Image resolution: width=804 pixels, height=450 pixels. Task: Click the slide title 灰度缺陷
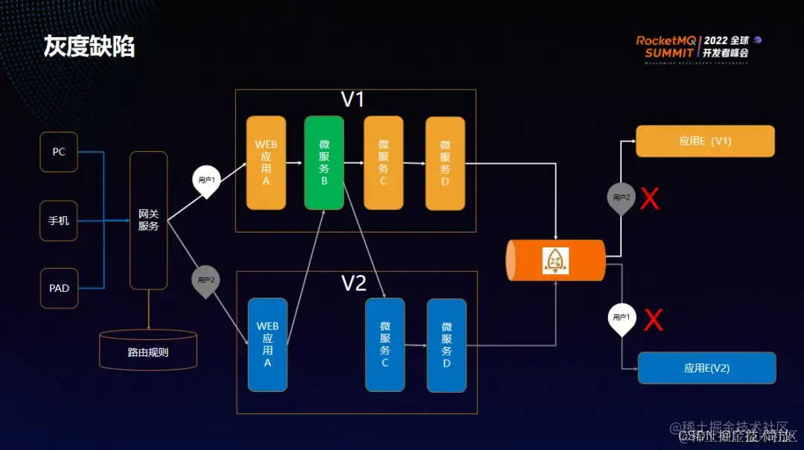pyautogui.click(x=89, y=47)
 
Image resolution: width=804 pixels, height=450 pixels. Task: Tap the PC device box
pyautogui.click(x=59, y=152)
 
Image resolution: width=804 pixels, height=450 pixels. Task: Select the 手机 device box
pyautogui.click(x=59, y=221)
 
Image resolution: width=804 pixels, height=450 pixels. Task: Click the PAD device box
pyautogui.click(x=59, y=288)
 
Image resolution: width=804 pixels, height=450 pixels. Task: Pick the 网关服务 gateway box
pyautogui.click(x=148, y=220)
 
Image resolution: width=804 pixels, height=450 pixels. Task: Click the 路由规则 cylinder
pyautogui.click(x=148, y=351)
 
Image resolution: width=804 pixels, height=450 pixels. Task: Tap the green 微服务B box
pyautogui.click(x=324, y=162)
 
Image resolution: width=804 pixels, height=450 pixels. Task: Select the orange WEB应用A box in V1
pyautogui.click(x=267, y=162)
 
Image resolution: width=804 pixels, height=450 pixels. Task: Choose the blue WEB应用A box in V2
pyautogui.click(x=267, y=344)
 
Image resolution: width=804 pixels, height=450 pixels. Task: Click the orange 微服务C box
pyautogui.click(x=383, y=162)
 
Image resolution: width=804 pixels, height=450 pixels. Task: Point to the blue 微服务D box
pyautogui.click(x=447, y=345)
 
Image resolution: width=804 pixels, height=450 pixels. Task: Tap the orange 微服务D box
pyautogui.click(x=445, y=163)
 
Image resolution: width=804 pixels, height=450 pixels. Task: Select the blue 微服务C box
pyautogui.click(x=385, y=344)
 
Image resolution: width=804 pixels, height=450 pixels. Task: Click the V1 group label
pyautogui.click(x=353, y=100)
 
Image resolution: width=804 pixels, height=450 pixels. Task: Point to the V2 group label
pyautogui.click(x=354, y=283)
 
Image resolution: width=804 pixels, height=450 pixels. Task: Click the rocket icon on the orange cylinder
pyautogui.click(x=555, y=261)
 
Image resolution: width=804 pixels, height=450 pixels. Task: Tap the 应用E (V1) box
pyautogui.click(x=705, y=141)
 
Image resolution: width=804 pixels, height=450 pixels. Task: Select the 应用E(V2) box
pyautogui.click(x=706, y=368)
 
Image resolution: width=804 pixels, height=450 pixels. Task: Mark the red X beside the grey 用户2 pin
pyautogui.click(x=650, y=198)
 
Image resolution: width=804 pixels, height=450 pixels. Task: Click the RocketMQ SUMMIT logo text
pyautogui.click(x=667, y=47)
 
